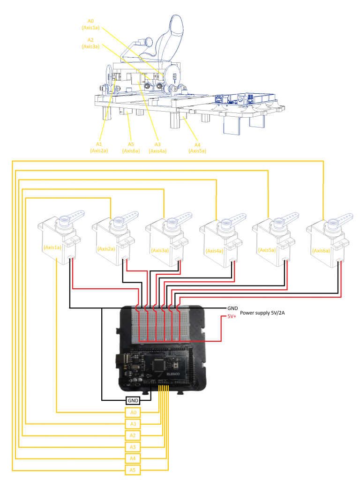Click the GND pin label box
(x=133, y=401)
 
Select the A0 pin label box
(x=133, y=412)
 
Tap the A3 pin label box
(x=133, y=447)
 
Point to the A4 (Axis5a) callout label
(x=197, y=148)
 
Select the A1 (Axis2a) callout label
(x=99, y=147)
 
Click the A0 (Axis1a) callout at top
(x=90, y=24)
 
